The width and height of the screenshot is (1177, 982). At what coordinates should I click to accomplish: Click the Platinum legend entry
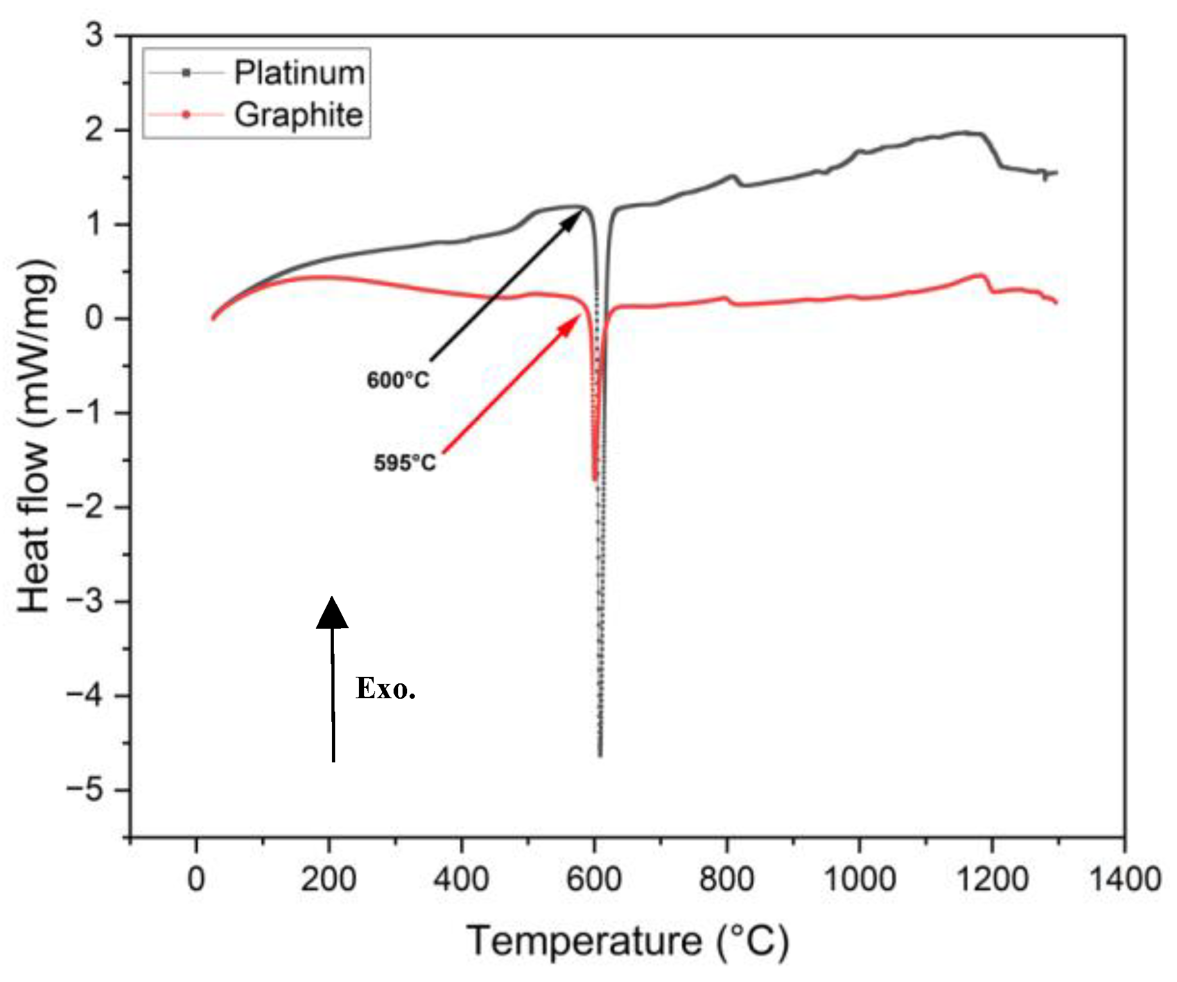[299, 73]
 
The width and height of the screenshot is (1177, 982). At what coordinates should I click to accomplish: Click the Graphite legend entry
[299, 115]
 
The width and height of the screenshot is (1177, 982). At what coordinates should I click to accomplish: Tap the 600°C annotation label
[397, 380]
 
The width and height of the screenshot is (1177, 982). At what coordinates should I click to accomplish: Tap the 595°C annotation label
[405, 462]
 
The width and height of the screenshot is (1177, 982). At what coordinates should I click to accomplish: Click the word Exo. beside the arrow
[385, 688]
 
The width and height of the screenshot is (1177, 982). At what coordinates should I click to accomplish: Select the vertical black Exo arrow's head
[332, 612]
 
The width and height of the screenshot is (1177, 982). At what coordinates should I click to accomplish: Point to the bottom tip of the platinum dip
[600, 755]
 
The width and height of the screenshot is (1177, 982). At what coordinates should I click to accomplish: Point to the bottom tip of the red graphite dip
[595, 478]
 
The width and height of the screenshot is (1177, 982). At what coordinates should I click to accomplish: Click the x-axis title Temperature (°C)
[627, 941]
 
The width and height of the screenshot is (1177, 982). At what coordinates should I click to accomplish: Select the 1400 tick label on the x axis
[1124, 879]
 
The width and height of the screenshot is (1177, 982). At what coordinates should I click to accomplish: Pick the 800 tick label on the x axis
[726, 879]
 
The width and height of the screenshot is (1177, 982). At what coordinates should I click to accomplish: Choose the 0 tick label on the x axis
[196, 879]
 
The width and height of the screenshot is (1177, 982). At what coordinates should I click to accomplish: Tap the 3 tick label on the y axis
[94, 35]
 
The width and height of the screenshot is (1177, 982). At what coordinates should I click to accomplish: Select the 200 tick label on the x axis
[328, 879]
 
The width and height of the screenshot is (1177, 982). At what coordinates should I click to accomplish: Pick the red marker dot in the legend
[186, 115]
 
